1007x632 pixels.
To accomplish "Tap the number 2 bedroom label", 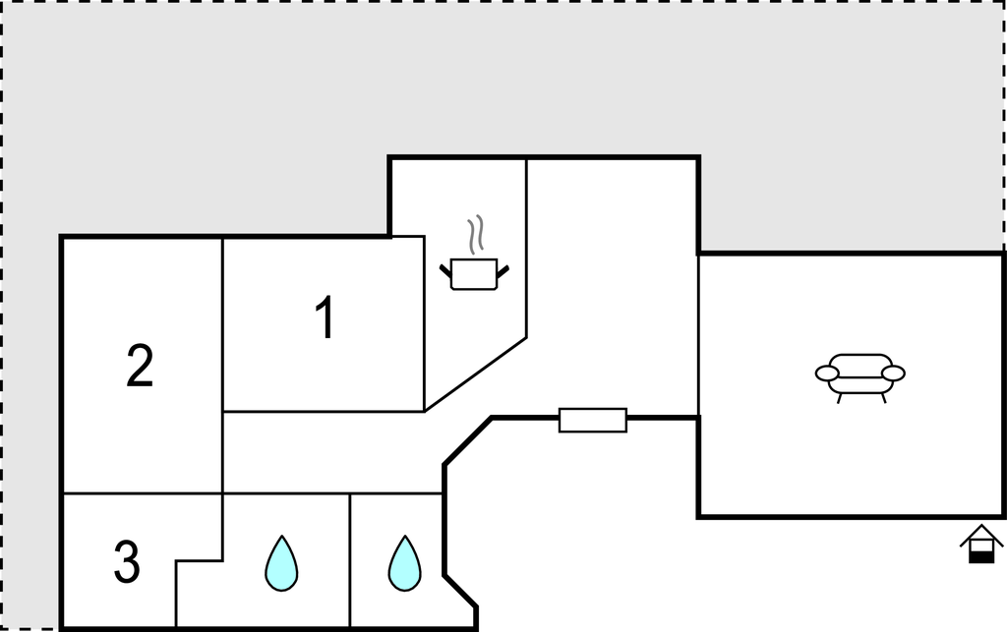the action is click(x=140, y=366).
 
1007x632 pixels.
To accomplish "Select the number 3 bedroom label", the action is click(x=127, y=561).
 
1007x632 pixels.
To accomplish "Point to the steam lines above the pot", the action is click(x=475, y=235).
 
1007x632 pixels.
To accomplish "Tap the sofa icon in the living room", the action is click(x=859, y=377).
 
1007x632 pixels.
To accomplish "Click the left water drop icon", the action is click(x=281, y=562).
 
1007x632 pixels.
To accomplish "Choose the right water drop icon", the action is click(x=404, y=562).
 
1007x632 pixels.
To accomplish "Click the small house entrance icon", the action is click(x=981, y=545).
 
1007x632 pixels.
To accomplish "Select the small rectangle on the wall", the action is click(x=593, y=421).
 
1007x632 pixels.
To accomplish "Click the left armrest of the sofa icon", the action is click(x=827, y=373).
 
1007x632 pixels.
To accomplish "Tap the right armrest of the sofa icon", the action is click(x=893, y=373).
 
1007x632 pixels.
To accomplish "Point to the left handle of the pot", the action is click(x=445, y=270).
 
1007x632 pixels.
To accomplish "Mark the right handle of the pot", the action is click(x=503, y=271).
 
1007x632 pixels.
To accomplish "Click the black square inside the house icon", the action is click(x=981, y=558).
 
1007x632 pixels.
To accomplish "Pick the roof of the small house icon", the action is click(x=981, y=535).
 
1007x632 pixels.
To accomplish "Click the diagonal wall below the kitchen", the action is click(x=476, y=374).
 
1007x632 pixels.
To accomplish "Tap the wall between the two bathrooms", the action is click(x=350, y=561).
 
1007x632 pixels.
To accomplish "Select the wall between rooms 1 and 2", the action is click(x=222, y=324).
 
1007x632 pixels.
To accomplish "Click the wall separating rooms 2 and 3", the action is click(x=142, y=494).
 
